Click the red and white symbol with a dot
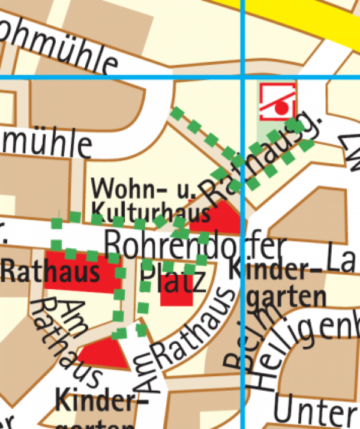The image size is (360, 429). pyautogui.click(x=277, y=101)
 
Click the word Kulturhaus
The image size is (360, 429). pyautogui.click(x=151, y=211)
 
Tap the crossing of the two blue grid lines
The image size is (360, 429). pyautogui.click(x=242, y=78)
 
